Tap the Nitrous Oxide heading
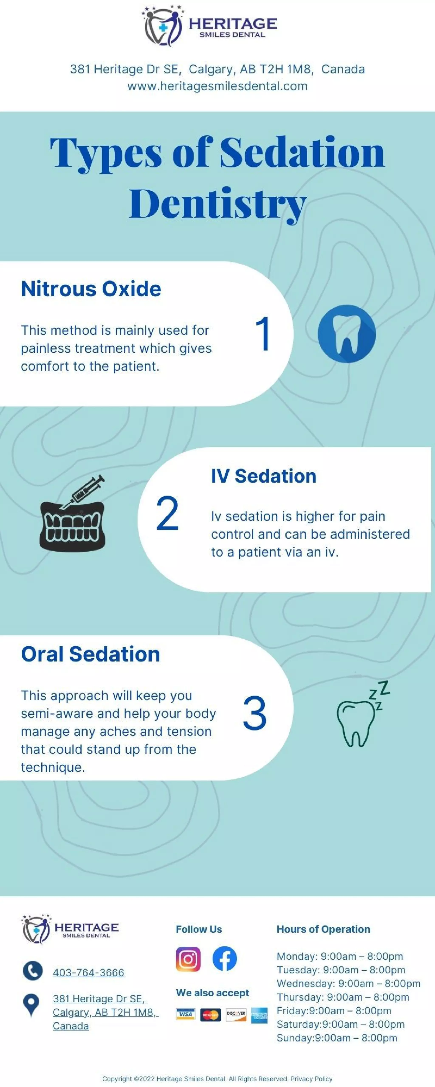coord(91,289)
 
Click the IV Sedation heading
coord(264,476)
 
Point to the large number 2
coord(167,514)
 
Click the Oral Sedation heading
coord(90,654)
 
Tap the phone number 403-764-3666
coord(88,973)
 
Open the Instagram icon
coord(188,959)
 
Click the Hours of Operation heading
coord(323,929)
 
